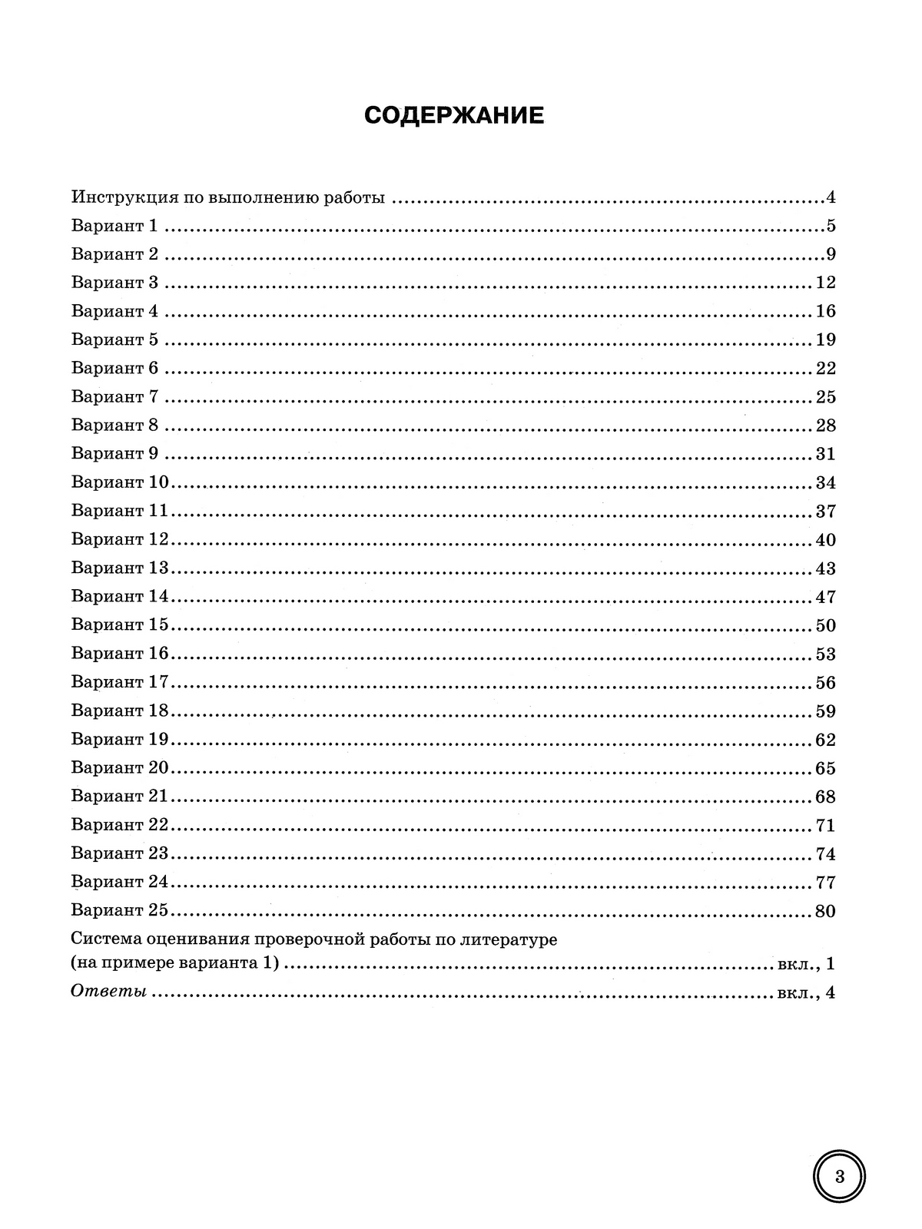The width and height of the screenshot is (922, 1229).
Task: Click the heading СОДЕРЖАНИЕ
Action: (453, 116)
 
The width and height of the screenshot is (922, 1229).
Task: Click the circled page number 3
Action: (839, 1176)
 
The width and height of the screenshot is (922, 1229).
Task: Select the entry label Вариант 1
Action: (114, 226)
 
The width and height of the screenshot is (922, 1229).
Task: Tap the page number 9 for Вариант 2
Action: (831, 254)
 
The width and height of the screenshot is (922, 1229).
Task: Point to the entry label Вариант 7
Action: (114, 396)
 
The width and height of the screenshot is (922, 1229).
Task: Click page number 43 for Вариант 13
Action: (825, 568)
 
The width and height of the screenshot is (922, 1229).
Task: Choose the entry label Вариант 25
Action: (119, 910)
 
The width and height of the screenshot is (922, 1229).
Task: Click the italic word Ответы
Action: (108, 992)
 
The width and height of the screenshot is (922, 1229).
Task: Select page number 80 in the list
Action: (825, 911)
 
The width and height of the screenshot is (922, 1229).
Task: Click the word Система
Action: (105, 939)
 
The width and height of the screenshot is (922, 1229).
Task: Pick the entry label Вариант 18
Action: (119, 711)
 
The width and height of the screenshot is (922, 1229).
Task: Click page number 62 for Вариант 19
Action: (825, 740)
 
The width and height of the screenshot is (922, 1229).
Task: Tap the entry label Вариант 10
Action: (119, 482)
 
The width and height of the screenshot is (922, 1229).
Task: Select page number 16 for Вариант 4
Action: (825, 311)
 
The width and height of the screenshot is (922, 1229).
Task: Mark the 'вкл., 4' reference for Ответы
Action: (805, 992)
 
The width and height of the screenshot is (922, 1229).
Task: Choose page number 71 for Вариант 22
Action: (825, 826)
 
